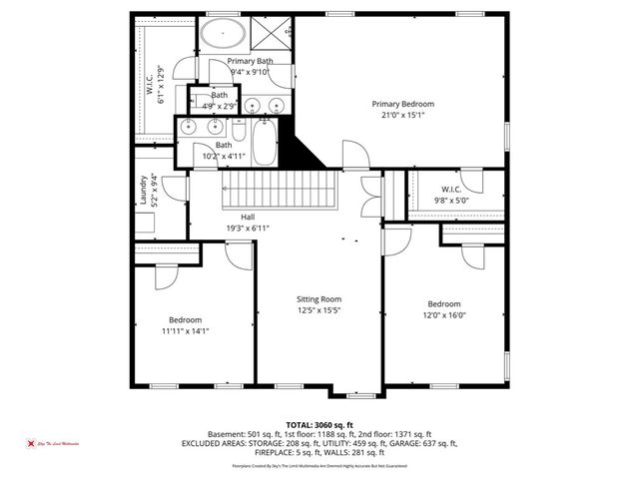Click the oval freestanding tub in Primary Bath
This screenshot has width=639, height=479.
tap(223, 36)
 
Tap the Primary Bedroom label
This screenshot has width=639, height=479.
tap(402, 104)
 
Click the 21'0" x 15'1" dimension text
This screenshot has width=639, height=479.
tap(402, 115)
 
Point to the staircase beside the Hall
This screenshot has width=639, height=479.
tap(274, 186)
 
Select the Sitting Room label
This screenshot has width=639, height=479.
tap(319, 299)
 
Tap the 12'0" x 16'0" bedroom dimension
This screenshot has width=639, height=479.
tap(444, 315)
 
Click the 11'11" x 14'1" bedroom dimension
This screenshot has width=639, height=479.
tap(185, 330)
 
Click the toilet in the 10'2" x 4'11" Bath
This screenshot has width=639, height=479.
tap(240, 132)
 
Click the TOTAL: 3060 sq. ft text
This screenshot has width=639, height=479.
tap(319, 424)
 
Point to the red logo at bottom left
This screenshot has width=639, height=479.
tap(30, 443)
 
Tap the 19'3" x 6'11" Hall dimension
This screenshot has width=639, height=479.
tap(249, 228)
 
